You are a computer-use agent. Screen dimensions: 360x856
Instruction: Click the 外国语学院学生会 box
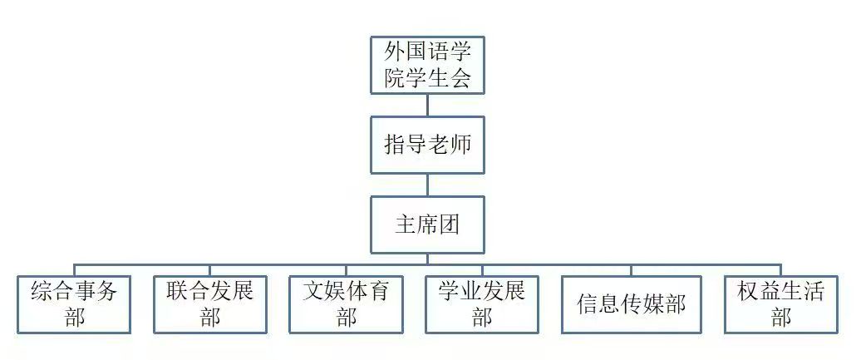tap(427, 65)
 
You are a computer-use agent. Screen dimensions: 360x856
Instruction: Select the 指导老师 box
tap(427, 145)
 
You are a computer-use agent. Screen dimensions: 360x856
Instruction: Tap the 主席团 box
tap(427, 224)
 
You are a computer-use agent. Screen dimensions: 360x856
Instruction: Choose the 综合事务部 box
tap(75, 304)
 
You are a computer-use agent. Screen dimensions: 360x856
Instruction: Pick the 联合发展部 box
tap(209, 304)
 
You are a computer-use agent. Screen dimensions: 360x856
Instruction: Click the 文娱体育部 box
tap(346, 304)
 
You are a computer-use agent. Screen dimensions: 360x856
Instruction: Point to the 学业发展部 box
tap(482, 304)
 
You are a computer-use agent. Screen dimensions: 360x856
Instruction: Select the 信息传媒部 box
tap(632, 304)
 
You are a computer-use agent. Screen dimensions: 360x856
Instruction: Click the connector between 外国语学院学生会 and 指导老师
tap(427, 105)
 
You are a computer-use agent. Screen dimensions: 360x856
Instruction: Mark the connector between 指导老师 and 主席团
tap(427, 185)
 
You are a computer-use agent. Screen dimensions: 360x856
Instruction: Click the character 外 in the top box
tap(395, 52)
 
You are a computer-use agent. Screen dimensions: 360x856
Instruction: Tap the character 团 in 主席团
tap(450, 224)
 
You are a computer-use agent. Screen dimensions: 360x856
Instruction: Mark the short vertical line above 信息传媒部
tap(632, 270)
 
